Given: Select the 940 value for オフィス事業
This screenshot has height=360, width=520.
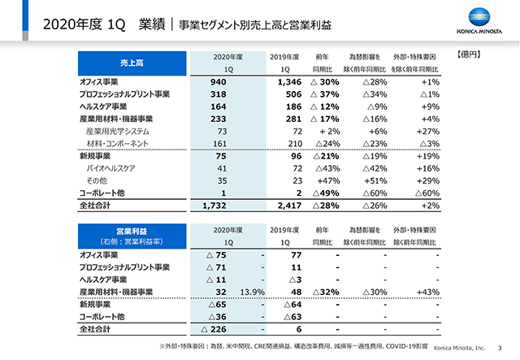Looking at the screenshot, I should point(217,83).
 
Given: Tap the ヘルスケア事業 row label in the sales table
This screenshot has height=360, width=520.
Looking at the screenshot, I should point(110,106).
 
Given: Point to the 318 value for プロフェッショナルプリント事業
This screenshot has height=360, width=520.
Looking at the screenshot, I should point(217,94).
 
